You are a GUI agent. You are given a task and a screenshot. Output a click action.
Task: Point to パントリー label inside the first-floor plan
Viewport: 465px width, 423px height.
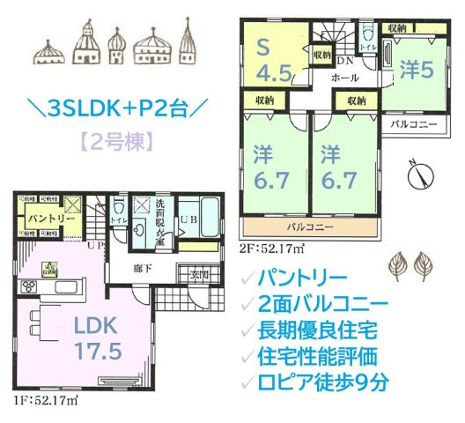coord(42,218)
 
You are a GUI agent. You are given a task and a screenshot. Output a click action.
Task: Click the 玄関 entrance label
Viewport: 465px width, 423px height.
coord(199,275)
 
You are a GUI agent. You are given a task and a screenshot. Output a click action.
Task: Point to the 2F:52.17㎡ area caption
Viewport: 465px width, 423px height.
coord(272,248)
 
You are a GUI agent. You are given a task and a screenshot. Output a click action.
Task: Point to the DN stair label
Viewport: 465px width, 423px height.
coord(345,62)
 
